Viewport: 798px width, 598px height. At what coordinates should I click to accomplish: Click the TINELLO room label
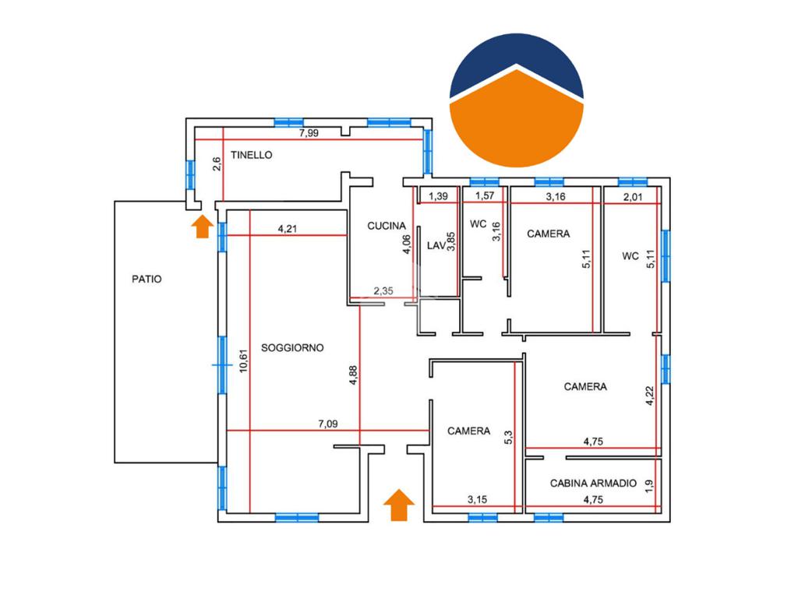coord(250,155)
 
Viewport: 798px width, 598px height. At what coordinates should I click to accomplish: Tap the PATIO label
coord(147,279)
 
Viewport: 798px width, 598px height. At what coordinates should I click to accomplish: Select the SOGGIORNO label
coord(292,348)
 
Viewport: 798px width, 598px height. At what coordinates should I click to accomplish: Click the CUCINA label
coord(387,227)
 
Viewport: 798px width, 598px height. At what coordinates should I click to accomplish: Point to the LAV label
coord(436,246)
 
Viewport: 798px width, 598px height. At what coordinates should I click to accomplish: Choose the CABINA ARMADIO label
coord(594,484)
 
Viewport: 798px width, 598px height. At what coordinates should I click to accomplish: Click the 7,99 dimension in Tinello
coord(309,133)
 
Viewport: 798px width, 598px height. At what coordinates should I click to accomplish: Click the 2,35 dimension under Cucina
coord(383,291)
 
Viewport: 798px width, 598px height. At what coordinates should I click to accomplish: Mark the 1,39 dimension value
coord(439,196)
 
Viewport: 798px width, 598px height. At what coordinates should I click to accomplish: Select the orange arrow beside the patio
coord(202,226)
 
